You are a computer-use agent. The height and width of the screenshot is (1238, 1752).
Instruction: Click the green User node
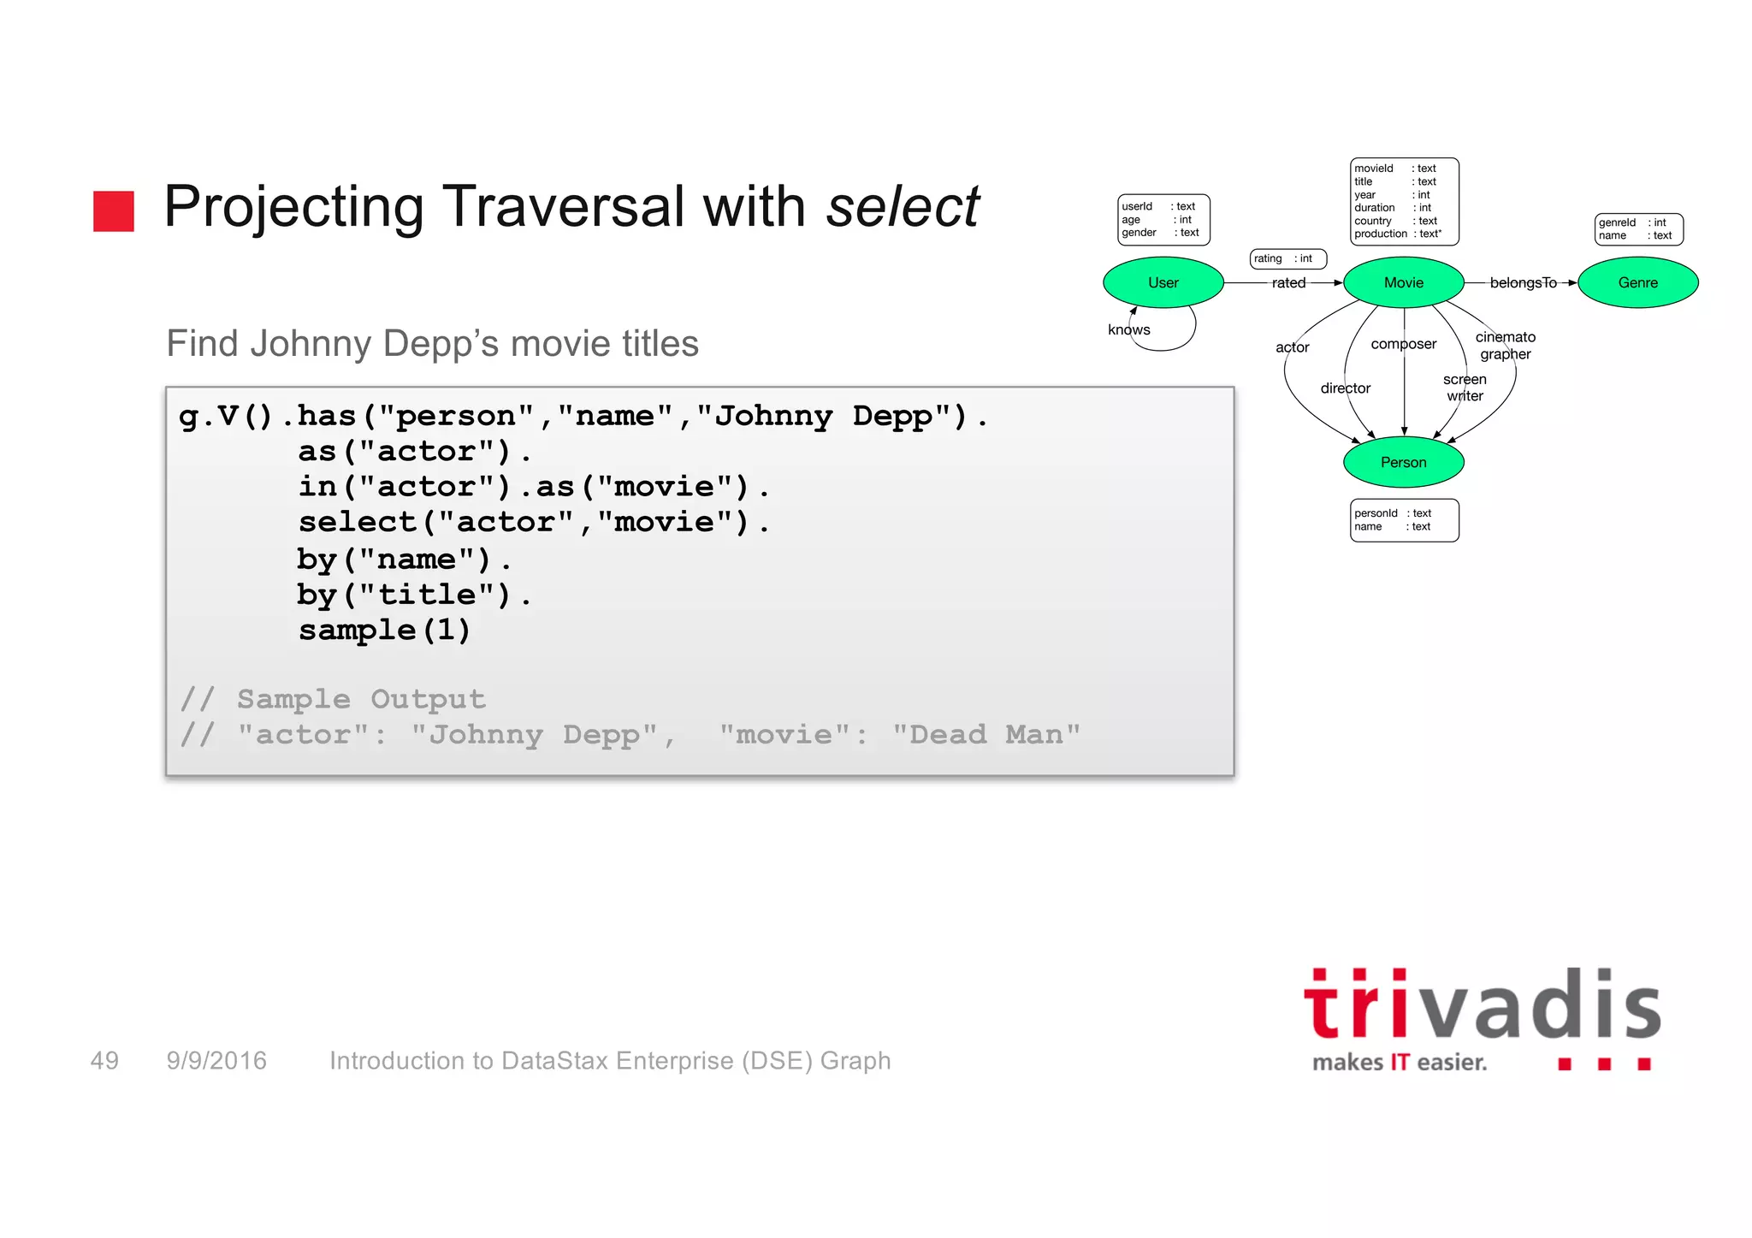1163,282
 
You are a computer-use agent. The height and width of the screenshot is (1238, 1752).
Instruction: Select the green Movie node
1403,282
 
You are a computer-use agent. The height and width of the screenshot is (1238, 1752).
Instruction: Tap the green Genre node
1637,282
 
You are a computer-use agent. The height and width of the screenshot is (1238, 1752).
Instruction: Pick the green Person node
1403,462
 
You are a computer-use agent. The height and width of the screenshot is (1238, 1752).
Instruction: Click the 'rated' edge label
1288,283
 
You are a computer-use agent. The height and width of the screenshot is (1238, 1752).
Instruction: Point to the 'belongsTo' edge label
1523,283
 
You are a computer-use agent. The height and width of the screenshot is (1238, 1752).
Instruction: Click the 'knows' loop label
1128,330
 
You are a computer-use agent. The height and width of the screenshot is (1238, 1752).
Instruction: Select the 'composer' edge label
1403,344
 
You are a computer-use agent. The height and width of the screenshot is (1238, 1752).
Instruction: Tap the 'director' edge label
1345,388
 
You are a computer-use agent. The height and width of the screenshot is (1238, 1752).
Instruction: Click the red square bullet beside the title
114,211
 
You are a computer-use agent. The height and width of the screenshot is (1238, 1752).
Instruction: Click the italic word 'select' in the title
902,207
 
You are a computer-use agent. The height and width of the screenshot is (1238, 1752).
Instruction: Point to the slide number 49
104,1061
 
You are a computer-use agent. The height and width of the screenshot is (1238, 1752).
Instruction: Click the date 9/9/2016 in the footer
216,1061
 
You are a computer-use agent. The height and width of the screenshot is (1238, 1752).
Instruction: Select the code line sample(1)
384,631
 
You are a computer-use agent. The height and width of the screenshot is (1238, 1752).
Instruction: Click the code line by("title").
414,595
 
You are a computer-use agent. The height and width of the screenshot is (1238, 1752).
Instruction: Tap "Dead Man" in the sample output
985,735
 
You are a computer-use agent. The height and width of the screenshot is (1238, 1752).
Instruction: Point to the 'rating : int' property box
1287,258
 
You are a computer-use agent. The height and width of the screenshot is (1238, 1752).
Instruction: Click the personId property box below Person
1404,520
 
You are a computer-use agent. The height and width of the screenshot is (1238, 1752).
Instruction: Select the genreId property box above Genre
1638,229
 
